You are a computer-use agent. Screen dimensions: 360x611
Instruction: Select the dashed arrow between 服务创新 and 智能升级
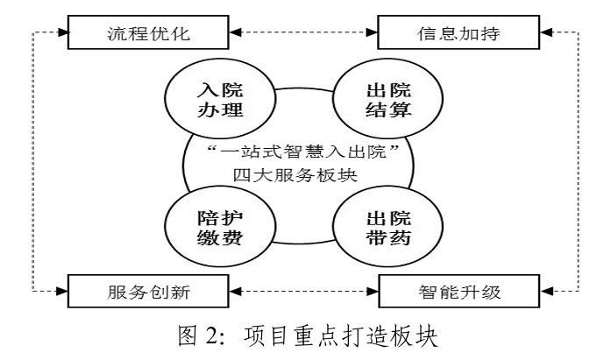(x=305, y=286)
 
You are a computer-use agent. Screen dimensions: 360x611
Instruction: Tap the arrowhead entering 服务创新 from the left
(x=62, y=286)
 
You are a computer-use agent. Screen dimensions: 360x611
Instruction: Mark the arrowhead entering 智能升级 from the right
(x=546, y=286)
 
